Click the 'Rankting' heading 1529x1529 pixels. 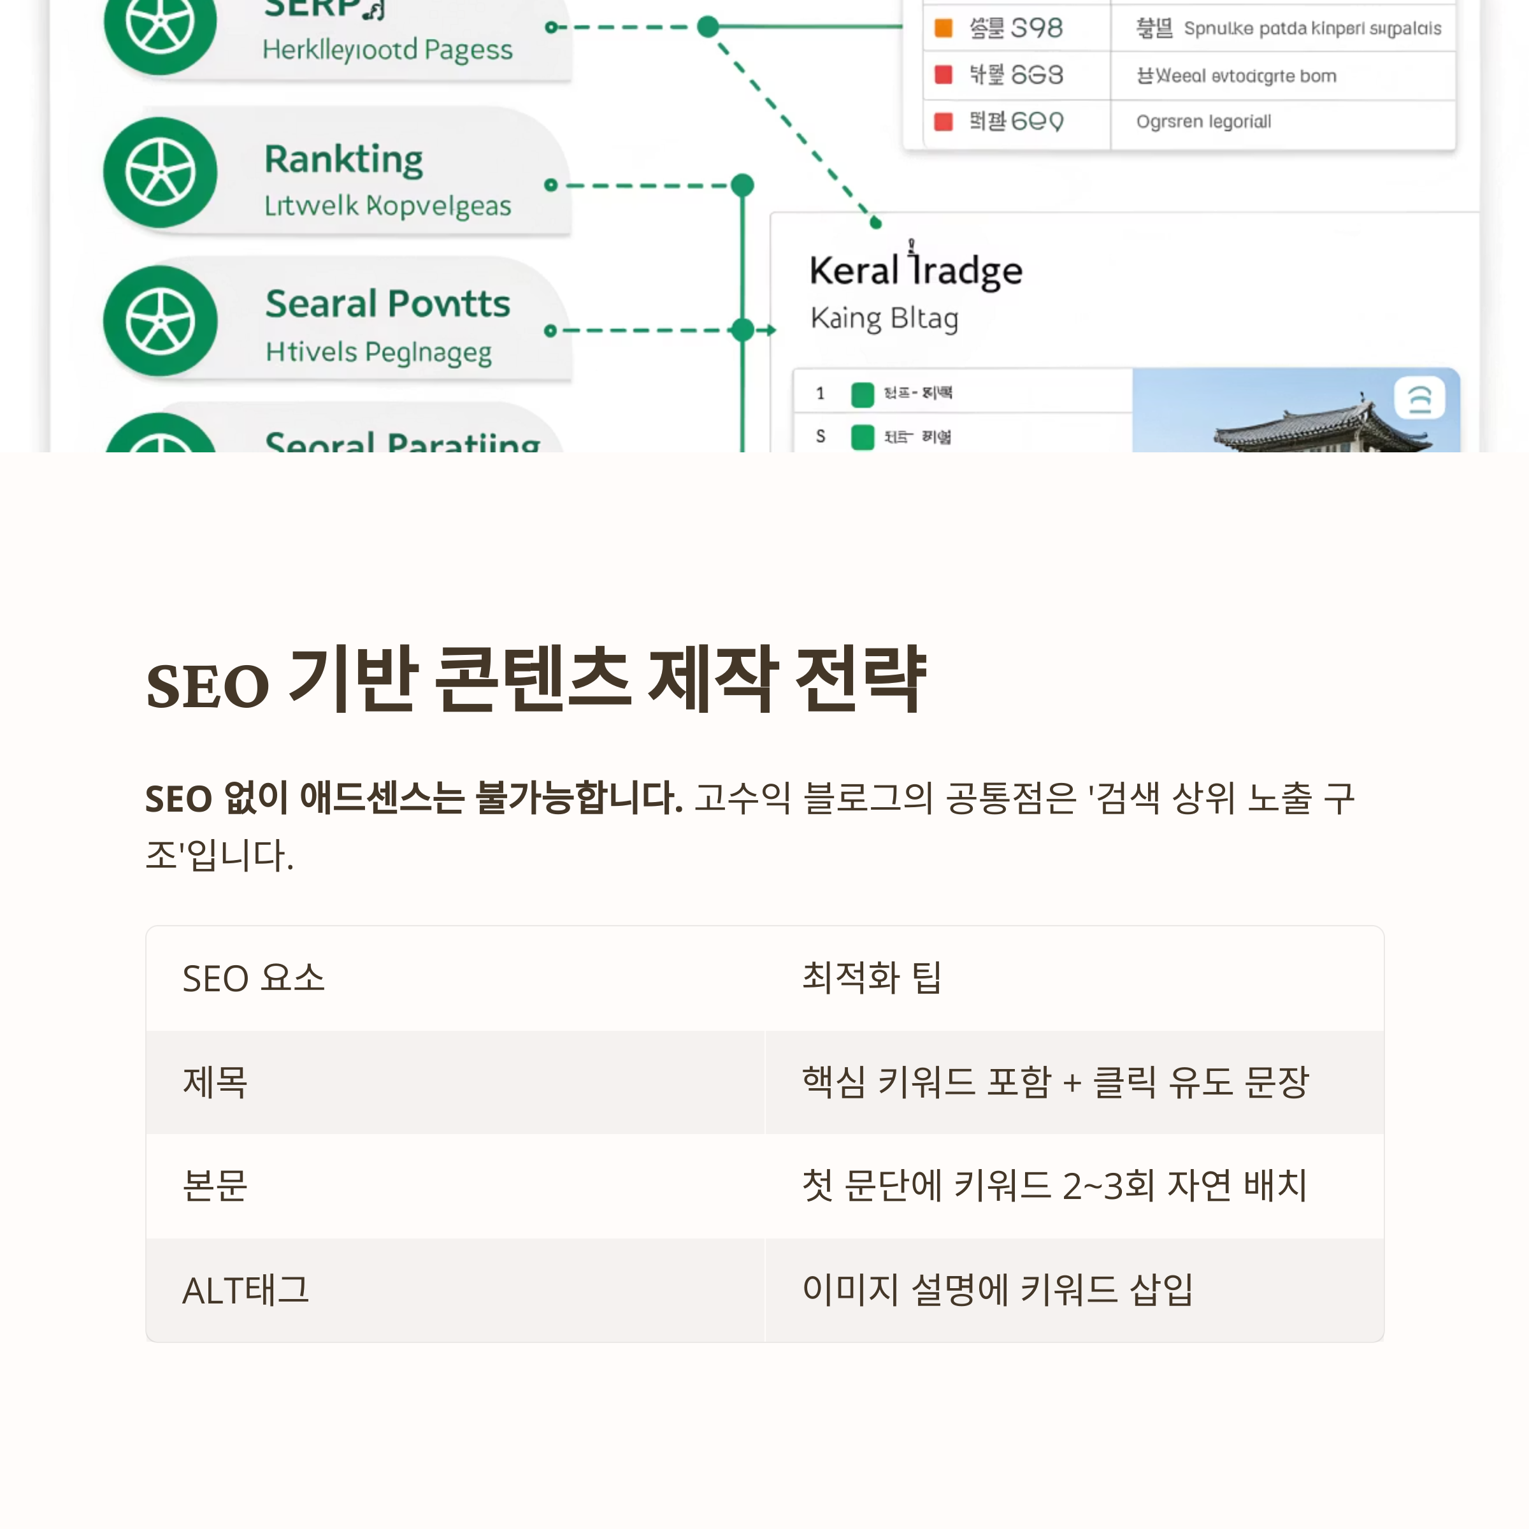(x=343, y=159)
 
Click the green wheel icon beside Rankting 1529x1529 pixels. (x=161, y=173)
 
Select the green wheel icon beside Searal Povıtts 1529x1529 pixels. (x=161, y=321)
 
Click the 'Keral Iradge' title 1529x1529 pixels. (x=915, y=271)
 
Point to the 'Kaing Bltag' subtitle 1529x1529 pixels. (x=884, y=318)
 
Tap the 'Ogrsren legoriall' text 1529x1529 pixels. (x=1203, y=122)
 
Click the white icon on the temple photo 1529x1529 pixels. (x=1419, y=398)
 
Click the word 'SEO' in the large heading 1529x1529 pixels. (x=207, y=686)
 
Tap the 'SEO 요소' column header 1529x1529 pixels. (x=254, y=978)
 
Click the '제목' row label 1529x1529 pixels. (x=215, y=1082)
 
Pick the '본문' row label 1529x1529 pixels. (x=215, y=1186)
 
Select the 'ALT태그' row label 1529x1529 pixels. (x=245, y=1290)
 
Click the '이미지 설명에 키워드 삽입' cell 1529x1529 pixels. (x=997, y=1290)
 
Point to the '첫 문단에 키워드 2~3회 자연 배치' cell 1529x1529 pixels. (x=1054, y=1186)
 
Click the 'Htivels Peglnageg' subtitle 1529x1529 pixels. (x=378, y=352)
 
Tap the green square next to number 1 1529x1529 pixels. (x=862, y=393)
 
